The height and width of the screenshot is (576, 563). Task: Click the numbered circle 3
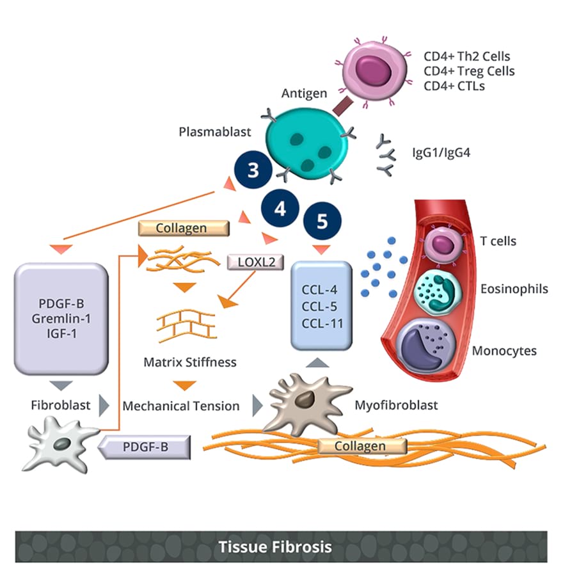click(x=253, y=171)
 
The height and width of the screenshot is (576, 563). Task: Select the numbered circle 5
click(x=321, y=221)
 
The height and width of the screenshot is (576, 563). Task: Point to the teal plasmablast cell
click(x=308, y=142)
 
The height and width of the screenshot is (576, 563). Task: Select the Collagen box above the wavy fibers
click(x=182, y=228)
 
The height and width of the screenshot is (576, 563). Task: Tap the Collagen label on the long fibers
click(x=360, y=446)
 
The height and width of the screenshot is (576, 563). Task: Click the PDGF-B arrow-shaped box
click(x=145, y=447)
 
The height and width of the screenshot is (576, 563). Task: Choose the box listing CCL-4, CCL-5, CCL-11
click(x=321, y=306)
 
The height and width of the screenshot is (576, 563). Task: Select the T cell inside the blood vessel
click(x=440, y=244)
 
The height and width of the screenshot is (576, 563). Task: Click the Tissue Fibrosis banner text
click(x=275, y=547)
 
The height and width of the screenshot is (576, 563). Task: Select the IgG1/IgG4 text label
click(x=443, y=154)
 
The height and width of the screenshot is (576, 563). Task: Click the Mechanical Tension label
click(x=181, y=406)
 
